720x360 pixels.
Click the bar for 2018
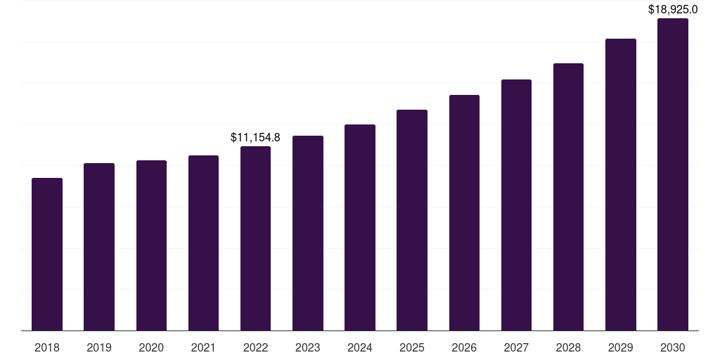pos(47,254)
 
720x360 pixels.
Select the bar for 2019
pos(99,247)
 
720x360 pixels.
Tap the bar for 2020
pos(151,245)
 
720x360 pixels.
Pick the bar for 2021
pos(203,243)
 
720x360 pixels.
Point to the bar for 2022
pos(255,238)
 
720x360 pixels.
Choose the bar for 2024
pos(360,227)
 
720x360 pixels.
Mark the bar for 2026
pos(464,212)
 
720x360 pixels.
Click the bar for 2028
pos(568,197)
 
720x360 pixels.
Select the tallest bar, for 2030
pos(673,174)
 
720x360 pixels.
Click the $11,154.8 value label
pos(255,138)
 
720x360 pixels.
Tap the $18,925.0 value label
pos(673,10)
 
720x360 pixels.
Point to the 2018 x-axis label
pos(47,347)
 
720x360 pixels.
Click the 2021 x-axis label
pos(203,347)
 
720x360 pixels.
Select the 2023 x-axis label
pos(308,347)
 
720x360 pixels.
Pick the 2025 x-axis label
pos(412,347)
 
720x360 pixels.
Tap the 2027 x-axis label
pos(516,347)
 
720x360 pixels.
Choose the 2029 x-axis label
pos(621,347)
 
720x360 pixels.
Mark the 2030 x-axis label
pos(673,347)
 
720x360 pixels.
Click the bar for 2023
pos(308,233)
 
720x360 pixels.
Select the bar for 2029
pos(621,184)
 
